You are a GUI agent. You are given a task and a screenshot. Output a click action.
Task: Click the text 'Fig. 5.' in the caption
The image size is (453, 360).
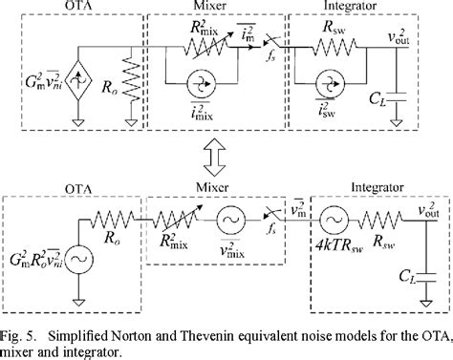click(25, 328)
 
